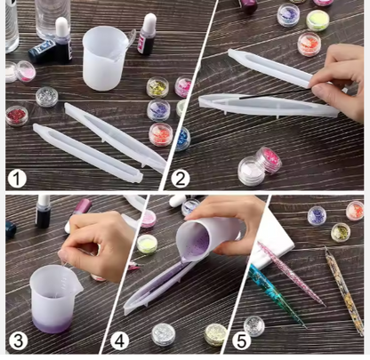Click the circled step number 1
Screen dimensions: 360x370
[x=16, y=178]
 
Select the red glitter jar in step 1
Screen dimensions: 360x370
[x=17, y=116]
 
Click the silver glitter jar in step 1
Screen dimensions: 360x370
[x=46, y=96]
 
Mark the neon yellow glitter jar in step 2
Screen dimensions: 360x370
[x=318, y=18]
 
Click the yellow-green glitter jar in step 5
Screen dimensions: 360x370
[x=341, y=232]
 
